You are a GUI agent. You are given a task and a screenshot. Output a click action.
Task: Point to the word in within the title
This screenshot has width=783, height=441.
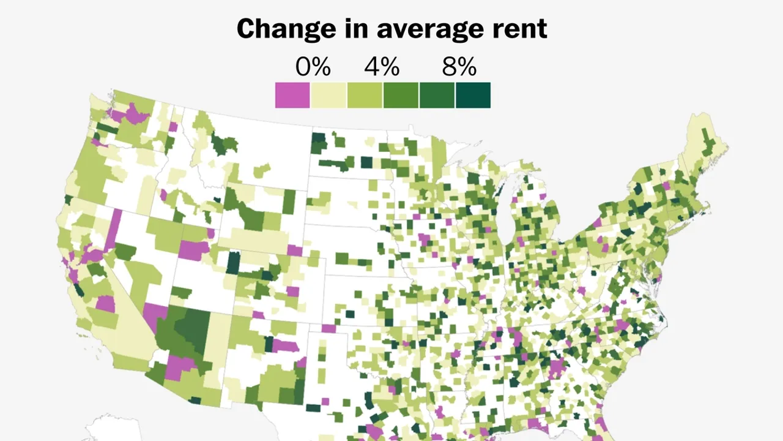(344, 29)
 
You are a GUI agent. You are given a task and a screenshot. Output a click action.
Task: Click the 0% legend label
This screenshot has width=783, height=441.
(313, 66)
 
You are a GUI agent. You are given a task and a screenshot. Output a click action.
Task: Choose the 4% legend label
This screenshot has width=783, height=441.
(382, 66)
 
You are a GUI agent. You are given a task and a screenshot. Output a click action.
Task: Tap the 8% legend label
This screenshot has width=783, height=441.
(459, 66)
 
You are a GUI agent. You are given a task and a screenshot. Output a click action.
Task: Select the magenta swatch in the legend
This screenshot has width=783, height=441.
(292, 96)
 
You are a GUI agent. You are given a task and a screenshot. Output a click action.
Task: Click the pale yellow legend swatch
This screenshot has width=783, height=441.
(328, 96)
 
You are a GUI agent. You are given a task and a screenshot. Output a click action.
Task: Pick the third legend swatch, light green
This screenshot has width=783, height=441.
(365, 96)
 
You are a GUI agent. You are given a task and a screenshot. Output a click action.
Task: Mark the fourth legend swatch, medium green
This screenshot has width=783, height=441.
(401, 96)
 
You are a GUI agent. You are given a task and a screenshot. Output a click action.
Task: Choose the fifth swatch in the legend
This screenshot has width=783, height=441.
(437, 96)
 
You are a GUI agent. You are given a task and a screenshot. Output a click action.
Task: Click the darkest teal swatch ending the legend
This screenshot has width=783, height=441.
(473, 96)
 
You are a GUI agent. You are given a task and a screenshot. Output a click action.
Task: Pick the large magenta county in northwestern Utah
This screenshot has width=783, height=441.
(193, 250)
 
